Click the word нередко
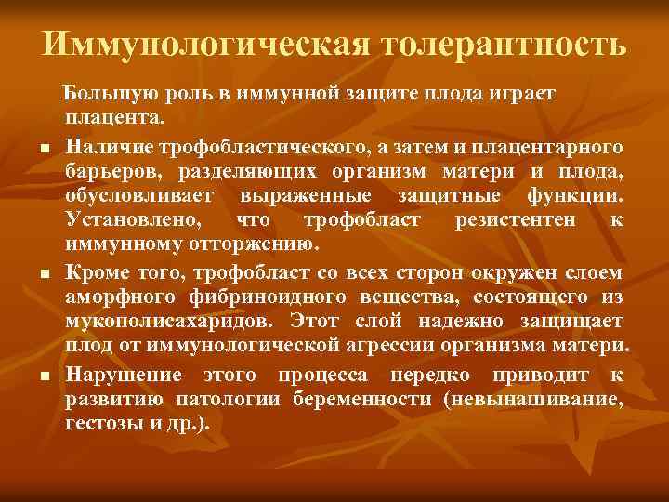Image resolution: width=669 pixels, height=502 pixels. tap(432, 374)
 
